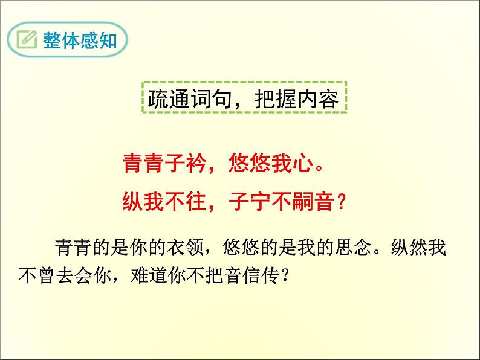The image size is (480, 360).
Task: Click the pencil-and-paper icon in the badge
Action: coord(27,40)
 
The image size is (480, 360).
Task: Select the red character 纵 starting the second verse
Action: coord(133,202)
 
